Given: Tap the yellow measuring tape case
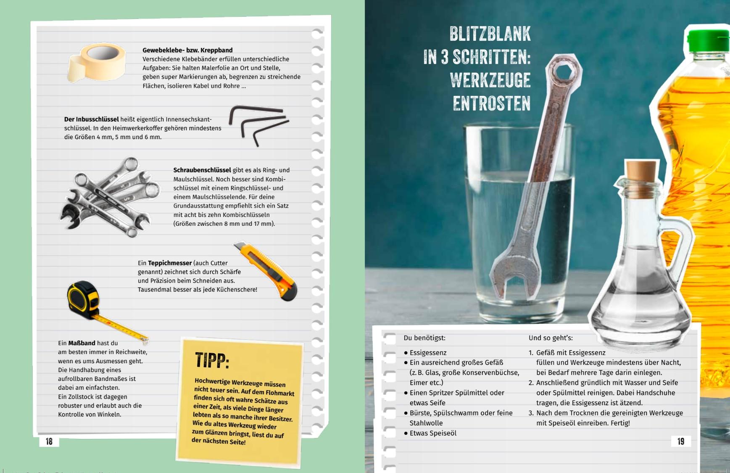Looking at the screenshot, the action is coord(84,299).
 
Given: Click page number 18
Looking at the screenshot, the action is coord(49,441).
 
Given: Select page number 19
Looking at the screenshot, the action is coord(681,441).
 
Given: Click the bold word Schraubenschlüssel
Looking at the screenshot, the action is coord(202,170).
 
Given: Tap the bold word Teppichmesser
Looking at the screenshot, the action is coord(170,263).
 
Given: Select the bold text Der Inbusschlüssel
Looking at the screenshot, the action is coord(92,119).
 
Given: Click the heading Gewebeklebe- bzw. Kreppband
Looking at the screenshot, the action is coord(187,50).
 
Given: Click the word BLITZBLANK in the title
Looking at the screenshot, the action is coord(490,34).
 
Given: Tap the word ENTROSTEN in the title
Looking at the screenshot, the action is coord(492,103).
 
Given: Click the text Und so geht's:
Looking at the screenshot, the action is coord(551,338).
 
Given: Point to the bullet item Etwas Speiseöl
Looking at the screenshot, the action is coord(430,433).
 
